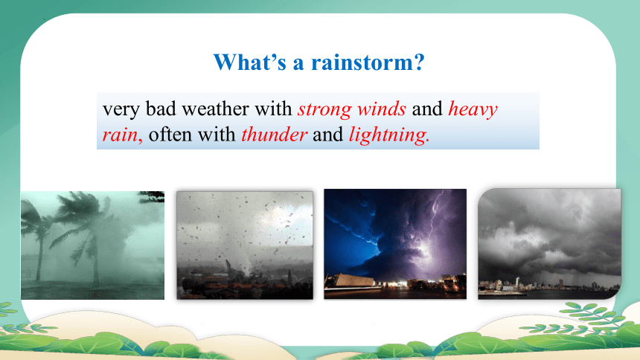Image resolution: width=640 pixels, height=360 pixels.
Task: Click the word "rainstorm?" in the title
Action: click(368, 62)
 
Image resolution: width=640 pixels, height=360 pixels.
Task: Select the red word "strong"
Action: click(324, 109)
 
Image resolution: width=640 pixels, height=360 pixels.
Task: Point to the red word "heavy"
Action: click(473, 109)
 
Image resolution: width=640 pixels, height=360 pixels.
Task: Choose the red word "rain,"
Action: click(123, 135)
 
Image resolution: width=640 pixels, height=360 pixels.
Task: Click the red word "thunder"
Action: click(274, 135)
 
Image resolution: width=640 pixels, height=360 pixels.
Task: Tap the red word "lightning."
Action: click(389, 135)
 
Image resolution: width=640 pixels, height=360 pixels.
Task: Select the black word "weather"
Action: click(215, 109)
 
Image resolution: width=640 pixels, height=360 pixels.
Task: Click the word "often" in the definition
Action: click(170, 135)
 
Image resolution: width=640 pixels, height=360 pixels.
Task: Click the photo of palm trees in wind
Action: click(93, 245)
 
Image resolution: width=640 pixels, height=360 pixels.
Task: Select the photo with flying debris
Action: click(245, 245)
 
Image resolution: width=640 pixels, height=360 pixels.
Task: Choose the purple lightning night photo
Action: click(395, 244)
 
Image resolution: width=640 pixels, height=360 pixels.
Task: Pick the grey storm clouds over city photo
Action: click(549, 244)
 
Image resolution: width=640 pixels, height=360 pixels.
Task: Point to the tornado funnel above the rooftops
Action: click(248, 261)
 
